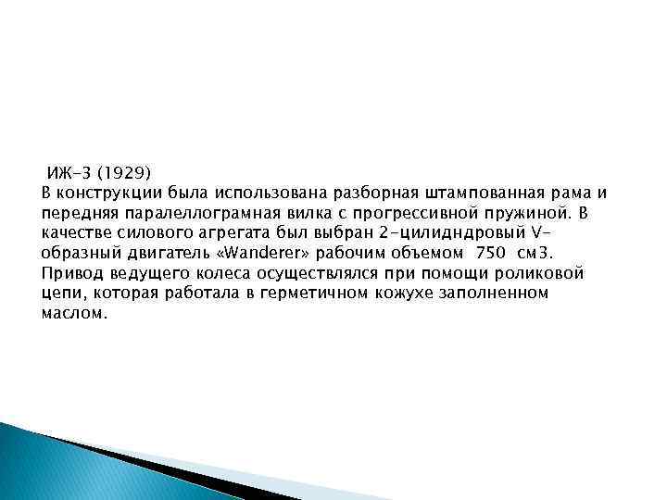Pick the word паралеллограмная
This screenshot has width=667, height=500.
coord(185,213)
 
